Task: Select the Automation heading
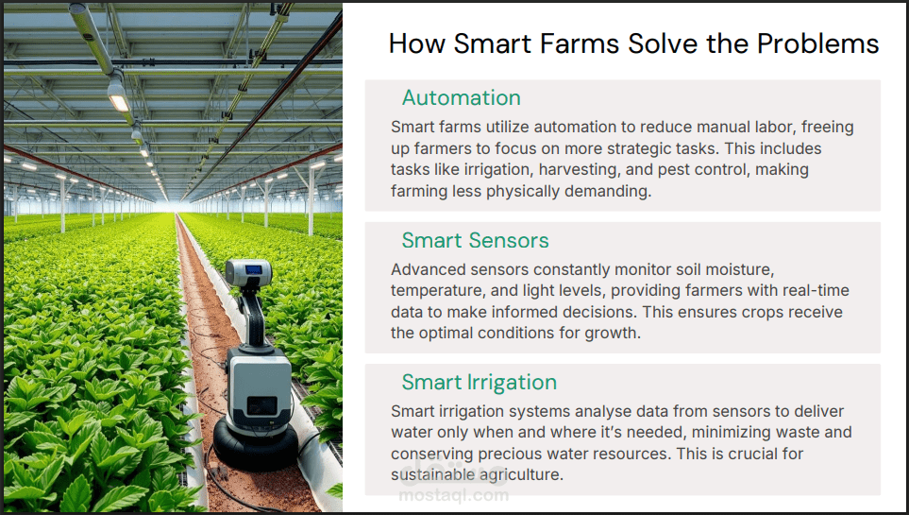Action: pyautogui.click(x=462, y=97)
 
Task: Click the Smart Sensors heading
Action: pyautogui.click(x=476, y=240)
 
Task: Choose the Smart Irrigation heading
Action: pyautogui.click(x=480, y=382)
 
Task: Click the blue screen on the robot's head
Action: pyautogui.click(x=253, y=269)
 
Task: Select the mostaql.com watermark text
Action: pyautogui.click(x=453, y=495)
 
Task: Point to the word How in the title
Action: pyautogui.click(x=417, y=43)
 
